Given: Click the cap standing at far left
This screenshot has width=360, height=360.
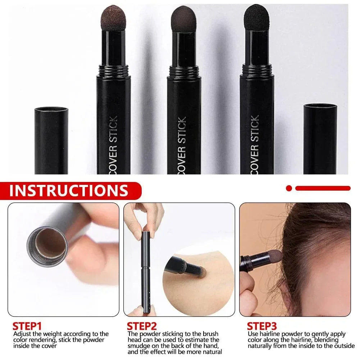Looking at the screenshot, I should pyautogui.click(x=51, y=140).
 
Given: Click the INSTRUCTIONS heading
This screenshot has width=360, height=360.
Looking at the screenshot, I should pyautogui.click(x=69, y=190).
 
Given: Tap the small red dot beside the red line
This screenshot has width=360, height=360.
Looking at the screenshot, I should pyautogui.click(x=289, y=188).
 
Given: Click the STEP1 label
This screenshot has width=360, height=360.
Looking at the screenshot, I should pyautogui.click(x=27, y=327).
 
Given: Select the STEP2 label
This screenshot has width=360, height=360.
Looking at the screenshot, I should pyautogui.click(x=142, y=327).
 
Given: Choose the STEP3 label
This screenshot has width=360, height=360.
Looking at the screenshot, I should pyautogui.click(x=261, y=327).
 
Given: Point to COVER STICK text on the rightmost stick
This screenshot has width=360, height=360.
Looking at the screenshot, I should pyautogui.click(x=255, y=144).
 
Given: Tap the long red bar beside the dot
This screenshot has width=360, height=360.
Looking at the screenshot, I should pyautogui.click(x=323, y=188).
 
